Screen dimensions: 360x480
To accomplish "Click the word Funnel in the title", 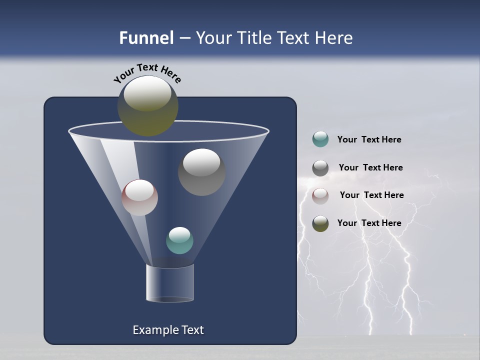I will (146, 38).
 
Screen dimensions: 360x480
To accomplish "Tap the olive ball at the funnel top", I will (147, 106).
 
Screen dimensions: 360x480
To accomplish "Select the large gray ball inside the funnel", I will (201, 172).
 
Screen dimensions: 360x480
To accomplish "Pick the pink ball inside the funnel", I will (139, 197).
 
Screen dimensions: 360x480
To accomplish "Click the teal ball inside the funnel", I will (179, 240).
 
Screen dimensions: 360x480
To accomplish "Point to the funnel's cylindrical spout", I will (170, 283).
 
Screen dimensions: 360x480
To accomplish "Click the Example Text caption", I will (168, 330).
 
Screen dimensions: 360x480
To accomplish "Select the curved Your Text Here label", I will (147, 73).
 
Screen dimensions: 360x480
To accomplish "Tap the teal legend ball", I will (320, 139).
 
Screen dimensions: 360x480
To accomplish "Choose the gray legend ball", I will (320, 168).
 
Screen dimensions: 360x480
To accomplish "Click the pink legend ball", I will (320, 195).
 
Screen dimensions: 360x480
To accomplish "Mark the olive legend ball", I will (320, 223).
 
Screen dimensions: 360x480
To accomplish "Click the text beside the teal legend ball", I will (369, 140).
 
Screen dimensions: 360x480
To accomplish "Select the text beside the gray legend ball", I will (370, 168).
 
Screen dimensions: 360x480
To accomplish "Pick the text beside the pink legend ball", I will (371, 195).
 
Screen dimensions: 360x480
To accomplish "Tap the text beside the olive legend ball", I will (369, 223).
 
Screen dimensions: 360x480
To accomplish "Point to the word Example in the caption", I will (150, 330).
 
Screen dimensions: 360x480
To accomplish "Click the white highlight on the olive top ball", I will (147, 93).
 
